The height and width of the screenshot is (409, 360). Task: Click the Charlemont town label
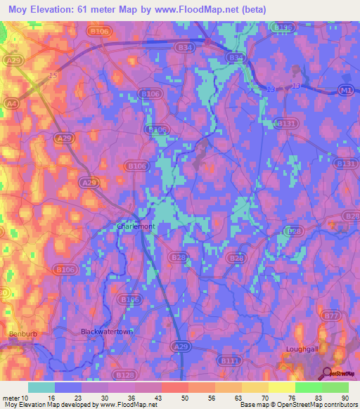(x=136, y=227)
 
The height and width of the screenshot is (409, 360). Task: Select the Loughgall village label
(x=303, y=349)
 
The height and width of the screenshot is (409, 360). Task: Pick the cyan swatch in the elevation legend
(x=41, y=387)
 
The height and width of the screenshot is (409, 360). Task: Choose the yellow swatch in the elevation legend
(x=281, y=387)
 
